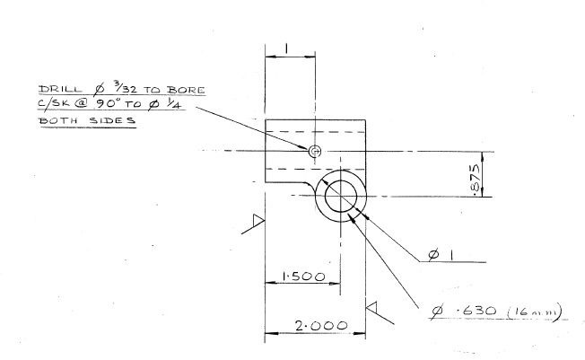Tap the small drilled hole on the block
[315, 152]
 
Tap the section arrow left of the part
[255, 224]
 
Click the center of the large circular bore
[342, 197]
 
